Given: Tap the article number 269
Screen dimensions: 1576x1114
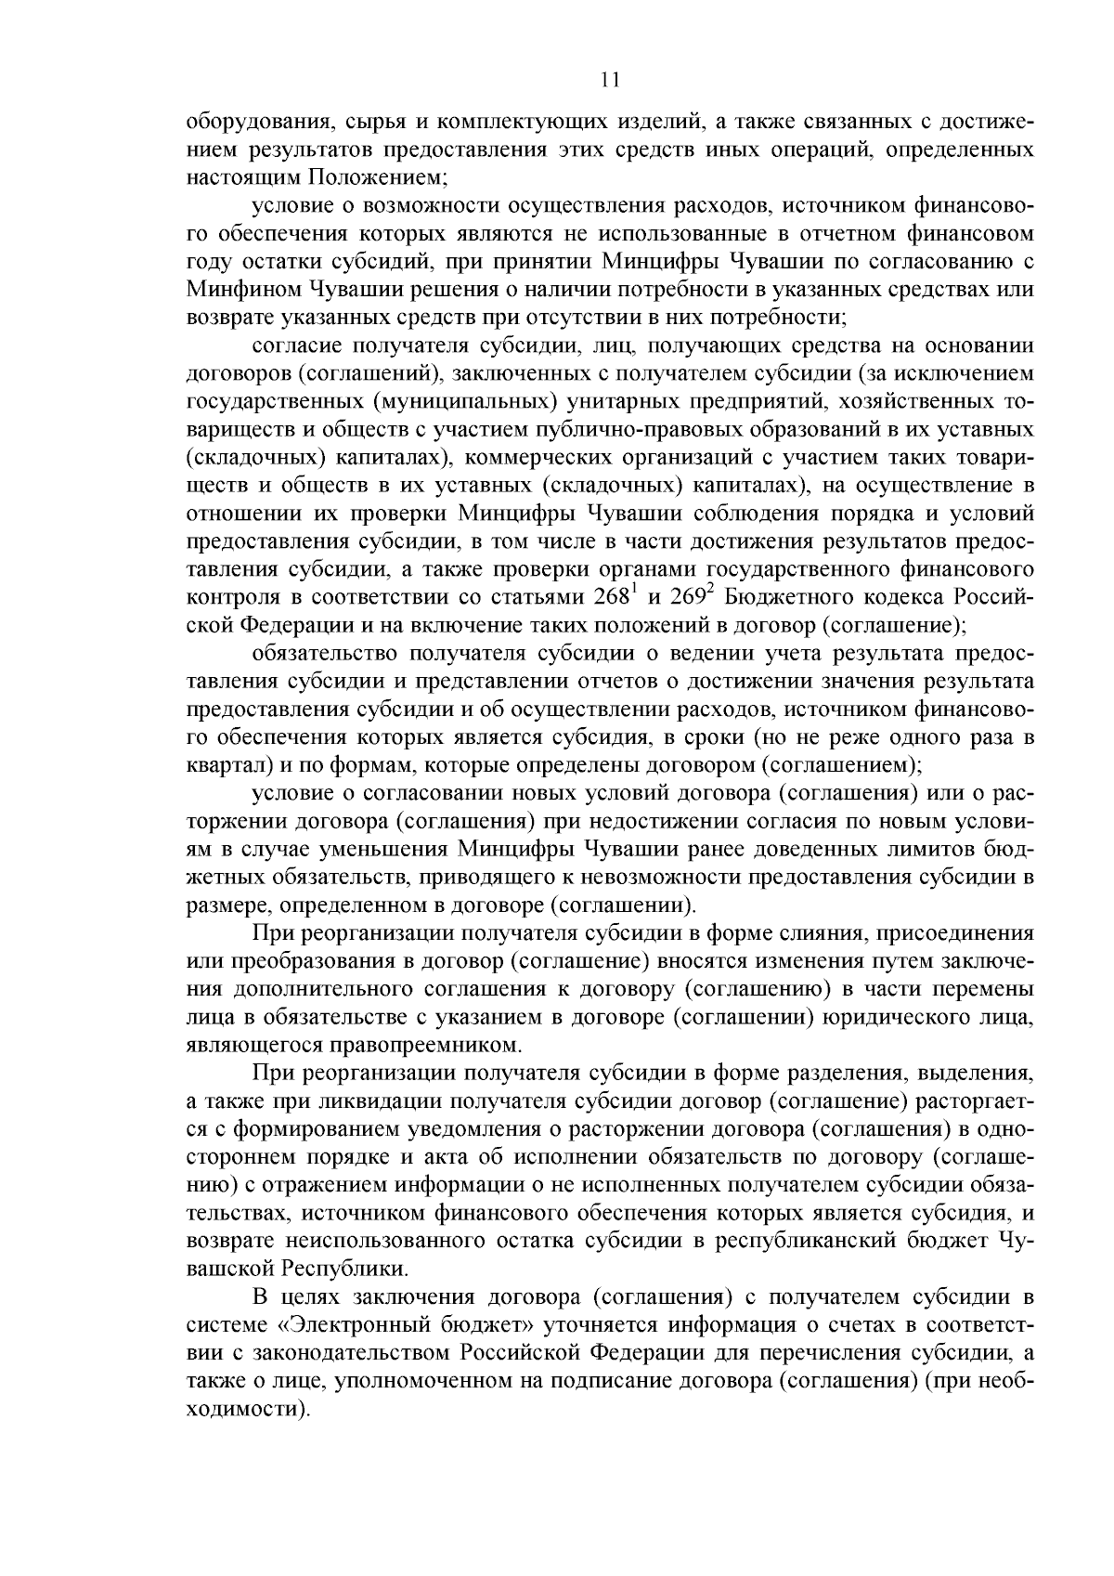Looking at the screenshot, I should click(691, 594).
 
